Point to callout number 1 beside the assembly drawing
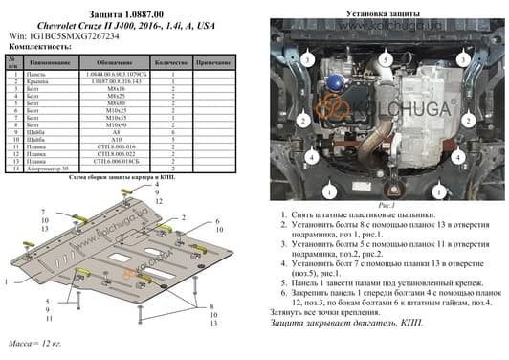[x=8, y=283]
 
